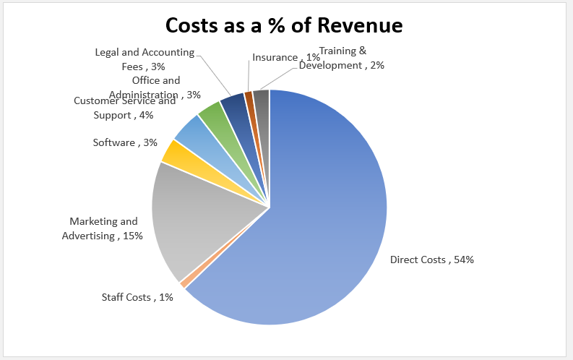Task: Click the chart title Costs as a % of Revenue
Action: click(284, 25)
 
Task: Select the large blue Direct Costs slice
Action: click(325, 217)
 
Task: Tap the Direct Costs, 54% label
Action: click(432, 260)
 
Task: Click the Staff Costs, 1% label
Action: click(137, 297)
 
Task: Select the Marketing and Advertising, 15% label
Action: click(103, 228)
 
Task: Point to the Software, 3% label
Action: click(125, 142)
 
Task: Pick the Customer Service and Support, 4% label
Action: click(124, 108)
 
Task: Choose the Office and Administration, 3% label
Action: click(155, 87)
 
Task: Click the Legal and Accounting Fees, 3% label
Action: click(145, 59)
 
